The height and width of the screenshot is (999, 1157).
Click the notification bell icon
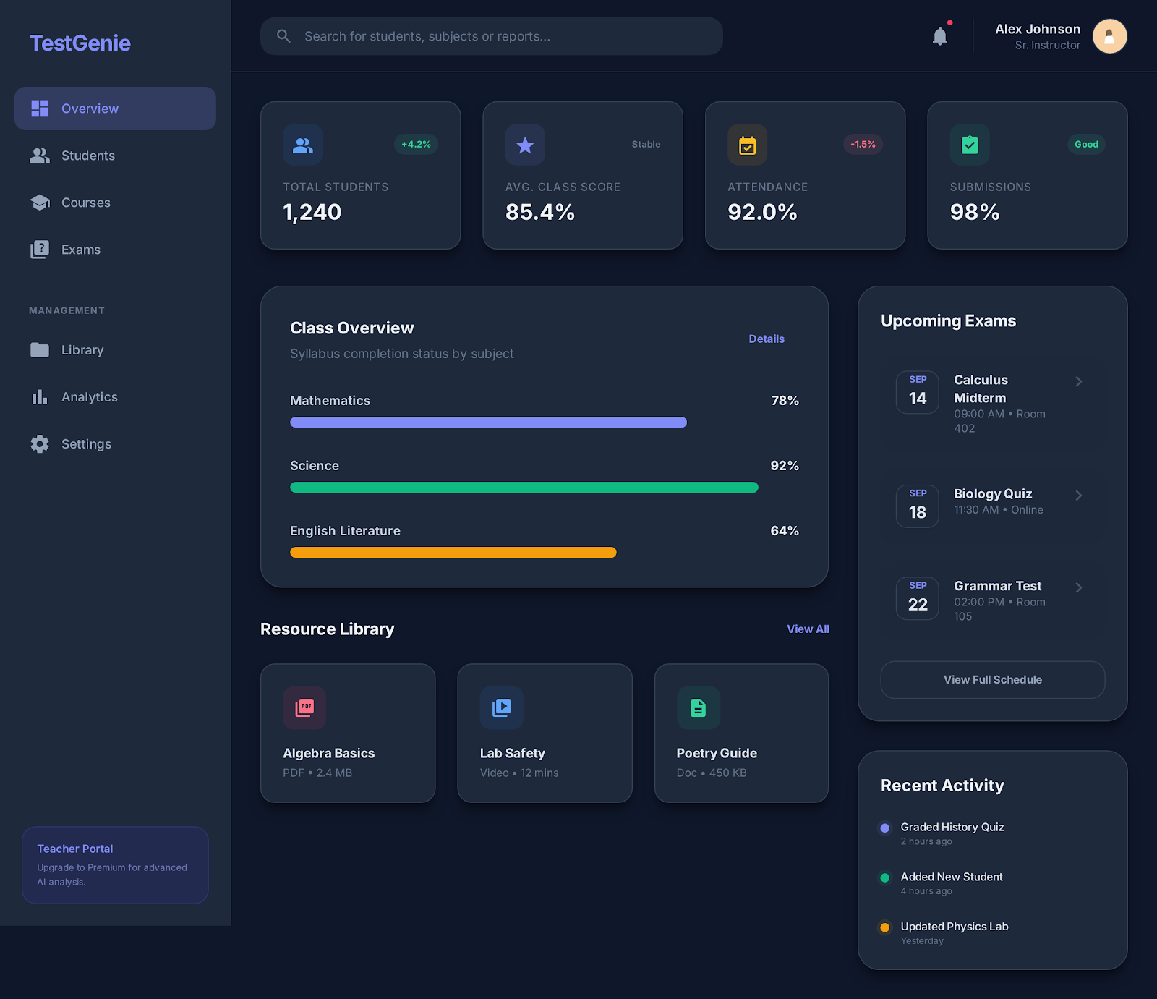[x=939, y=36]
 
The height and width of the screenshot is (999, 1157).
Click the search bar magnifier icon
[x=283, y=36]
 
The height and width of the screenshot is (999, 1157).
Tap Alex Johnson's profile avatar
[x=1109, y=36]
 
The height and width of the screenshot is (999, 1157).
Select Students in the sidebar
[x=87, y=156]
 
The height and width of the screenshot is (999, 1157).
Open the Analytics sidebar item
[x=89, y=397]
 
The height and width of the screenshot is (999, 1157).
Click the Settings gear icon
[x=40, y=444]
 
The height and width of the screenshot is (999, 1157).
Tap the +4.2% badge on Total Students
[x=416, y=145]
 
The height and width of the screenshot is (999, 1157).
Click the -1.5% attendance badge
[x=863, y=145]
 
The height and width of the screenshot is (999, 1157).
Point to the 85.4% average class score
[x=539, y=212]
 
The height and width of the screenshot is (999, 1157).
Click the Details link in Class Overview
[x=766, y=339]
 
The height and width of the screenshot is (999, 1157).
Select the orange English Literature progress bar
[x=453, y=553]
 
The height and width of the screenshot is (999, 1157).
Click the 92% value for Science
[x=784, y=466]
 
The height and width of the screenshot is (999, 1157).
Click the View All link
[x=808, y=629]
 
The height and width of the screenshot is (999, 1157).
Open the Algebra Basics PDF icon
[x=304, y=707]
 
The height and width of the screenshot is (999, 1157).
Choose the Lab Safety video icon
[x=501, y=707]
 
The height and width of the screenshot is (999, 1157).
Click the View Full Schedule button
[x=992, y=680]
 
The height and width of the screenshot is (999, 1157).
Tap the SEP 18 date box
[x=917, y=506]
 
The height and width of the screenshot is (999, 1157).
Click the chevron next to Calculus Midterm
[x=1078, y=381]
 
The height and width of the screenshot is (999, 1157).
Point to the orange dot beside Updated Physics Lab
[x=884, y=927]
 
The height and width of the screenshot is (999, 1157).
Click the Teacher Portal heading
[x=75, y=849]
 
